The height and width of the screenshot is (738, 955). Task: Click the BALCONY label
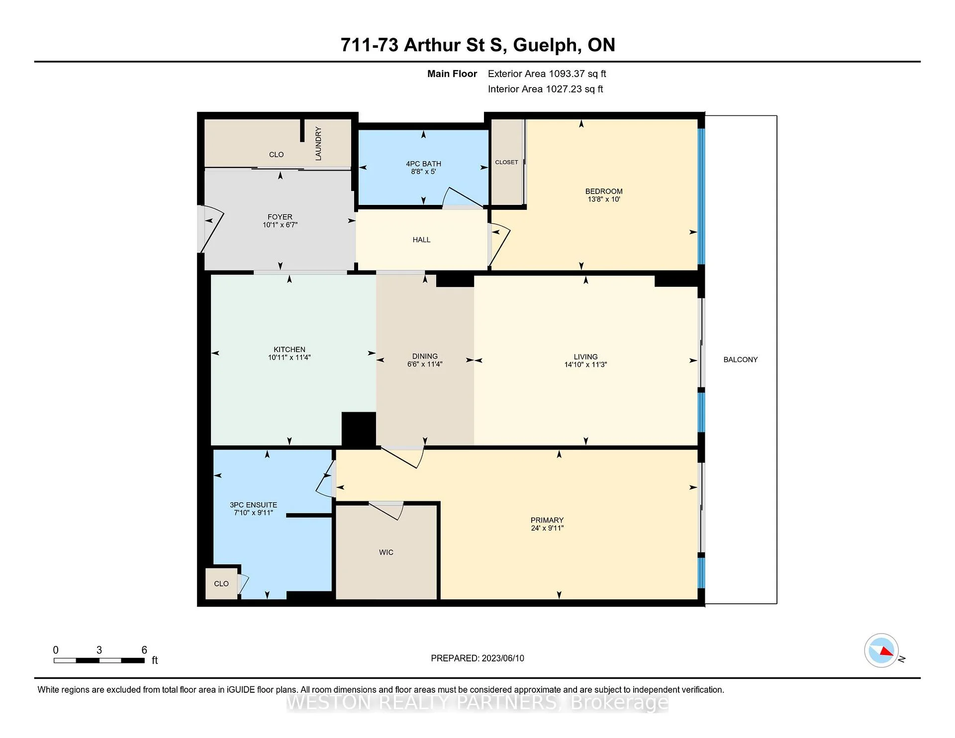[x=740, y=360]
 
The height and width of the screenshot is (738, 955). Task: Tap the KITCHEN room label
[x=289, y=350]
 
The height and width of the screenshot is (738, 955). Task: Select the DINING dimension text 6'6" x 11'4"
[x=425, y=364]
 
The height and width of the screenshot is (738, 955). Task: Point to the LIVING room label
[x=585, y=357]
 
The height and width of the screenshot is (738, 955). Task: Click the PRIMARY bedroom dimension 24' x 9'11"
[x=547, y=528]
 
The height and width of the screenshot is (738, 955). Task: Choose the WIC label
[x=386, y=552]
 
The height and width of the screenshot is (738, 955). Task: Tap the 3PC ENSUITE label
[x=253, y=505]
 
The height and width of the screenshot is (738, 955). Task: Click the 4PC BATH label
[x=423, y=164]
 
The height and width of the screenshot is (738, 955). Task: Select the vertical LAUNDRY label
[x=318, y=143]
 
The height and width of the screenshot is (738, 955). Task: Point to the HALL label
[x=421, y=240]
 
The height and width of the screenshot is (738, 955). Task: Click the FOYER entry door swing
[x=211, y=229]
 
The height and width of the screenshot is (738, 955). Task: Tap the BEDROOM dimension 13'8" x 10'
[x=604, y=199]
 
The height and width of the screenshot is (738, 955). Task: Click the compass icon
[x=881, y=650]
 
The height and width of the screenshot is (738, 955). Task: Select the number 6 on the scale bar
[x=144, y=650]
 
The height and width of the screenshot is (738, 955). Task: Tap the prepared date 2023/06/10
[x=503, y=658]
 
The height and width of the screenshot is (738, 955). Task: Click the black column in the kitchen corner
[x=359, y=429]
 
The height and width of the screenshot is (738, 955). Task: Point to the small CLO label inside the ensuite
[x=221, y=584]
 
